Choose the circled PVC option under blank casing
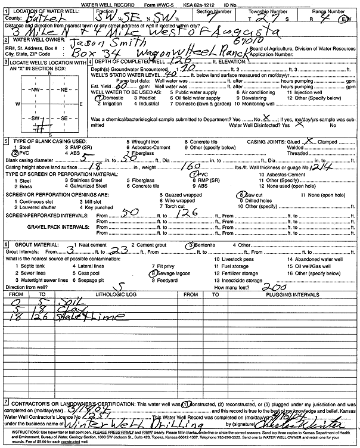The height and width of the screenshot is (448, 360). tap(22, 153)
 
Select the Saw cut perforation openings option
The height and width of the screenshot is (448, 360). tap(256, 194)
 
